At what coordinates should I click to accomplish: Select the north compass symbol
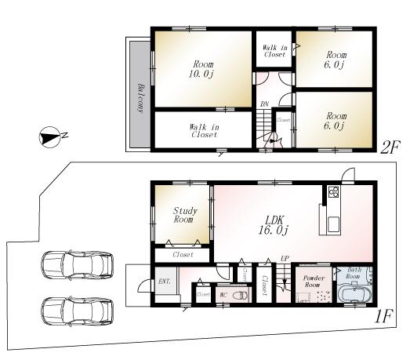click(50, 137)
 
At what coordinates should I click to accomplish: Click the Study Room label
click(185, 216)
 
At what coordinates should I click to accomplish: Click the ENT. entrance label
click(165, 282)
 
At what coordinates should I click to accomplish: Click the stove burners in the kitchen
click(332, 192)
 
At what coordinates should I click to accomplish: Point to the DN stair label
click(264, 104)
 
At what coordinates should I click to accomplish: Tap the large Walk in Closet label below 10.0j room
click(204, 130)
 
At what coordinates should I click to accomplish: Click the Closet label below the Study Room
click(183, 255)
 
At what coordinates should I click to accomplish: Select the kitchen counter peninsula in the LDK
click(326, 220)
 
